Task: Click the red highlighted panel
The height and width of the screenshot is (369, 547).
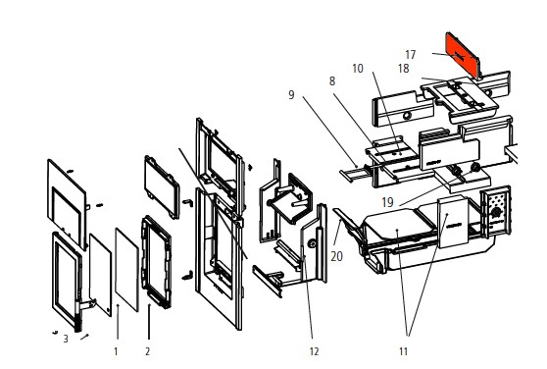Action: pyautogui.click(x=463, y=56)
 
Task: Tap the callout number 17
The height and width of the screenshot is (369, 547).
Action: pyautogui.click(x=410, y=55)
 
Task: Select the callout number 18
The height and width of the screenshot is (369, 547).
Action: pyautogui.click(x=403, y=69)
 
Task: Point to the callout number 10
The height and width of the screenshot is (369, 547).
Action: pyautogui.click(x=358, y=69)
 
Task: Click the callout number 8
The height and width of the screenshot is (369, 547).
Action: pyautogui.click(x=332, y=81)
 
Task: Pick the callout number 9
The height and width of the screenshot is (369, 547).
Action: pyautogui.click(x=291, y=94)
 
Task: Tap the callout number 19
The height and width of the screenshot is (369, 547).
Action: pyautogui.click(x=387, y=202)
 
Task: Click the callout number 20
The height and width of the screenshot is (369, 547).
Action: pyautogui.click(x=336, y=256)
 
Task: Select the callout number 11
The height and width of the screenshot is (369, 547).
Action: pyautogui.click(x=403, y=351)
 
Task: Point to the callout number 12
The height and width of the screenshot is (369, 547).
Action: pyautogui.click(x=314, y=351)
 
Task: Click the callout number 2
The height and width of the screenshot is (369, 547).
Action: pyautogui.click(x=148, y=351)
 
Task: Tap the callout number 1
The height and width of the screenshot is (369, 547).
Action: pyautogui.click(x=116, y=351)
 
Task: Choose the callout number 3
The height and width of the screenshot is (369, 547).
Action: pyautogui.click(x=66, y=339)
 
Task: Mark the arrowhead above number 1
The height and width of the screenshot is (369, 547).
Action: pyautogui.click(x=118, y=306)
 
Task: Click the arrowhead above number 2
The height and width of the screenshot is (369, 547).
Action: pyautogui.click(x=149, y=306)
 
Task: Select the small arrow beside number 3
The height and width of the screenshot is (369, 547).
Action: pyautogui.click(x=84, y=337)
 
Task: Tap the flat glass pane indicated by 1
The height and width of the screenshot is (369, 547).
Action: pyautogui.click(x=127, y=270)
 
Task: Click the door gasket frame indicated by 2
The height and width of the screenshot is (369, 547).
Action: pyautogui.click(x=156, y=262)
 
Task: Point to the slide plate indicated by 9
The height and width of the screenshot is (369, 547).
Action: pyautogui.click(x=353, y=174)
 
